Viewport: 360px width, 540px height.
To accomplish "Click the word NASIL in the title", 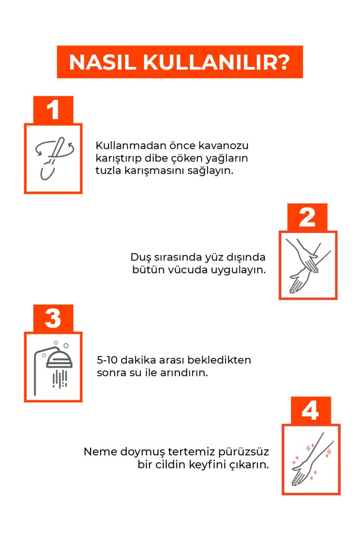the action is point(102,63).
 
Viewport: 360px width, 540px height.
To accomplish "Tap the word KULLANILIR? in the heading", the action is point(216,63).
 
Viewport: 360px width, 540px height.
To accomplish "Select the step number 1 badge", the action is point(53,110).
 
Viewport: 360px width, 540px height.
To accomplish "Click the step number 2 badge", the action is point(307,217).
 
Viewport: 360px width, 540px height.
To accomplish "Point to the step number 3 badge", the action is point(53,318).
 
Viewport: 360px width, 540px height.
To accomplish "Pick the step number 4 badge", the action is point(310,411).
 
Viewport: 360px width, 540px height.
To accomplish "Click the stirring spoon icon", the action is point(54,158).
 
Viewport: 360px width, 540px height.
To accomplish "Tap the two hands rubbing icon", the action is point(307,265).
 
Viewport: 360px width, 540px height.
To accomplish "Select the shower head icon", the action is point(54,368).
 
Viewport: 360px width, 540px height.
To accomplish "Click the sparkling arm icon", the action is point(311,459).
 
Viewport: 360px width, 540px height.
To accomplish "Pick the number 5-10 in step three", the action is point(107,360).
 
